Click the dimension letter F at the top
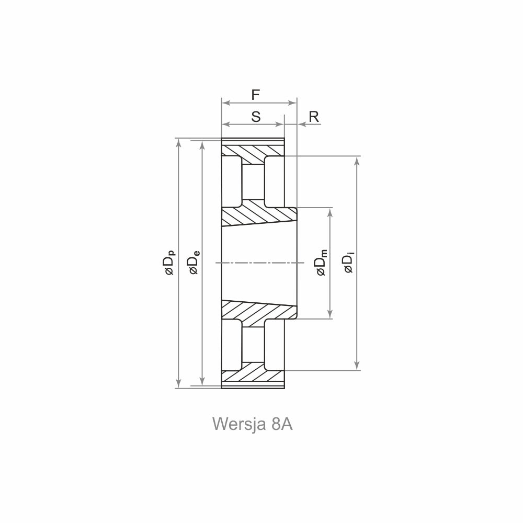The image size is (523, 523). (256, 95)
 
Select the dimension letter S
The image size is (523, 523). (256, 117)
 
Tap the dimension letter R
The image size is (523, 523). (314, 117)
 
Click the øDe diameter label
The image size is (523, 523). (194, 262)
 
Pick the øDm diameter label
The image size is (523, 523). (322, 263)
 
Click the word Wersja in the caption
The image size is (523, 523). (239, 424)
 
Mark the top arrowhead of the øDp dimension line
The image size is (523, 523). (178, 143)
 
